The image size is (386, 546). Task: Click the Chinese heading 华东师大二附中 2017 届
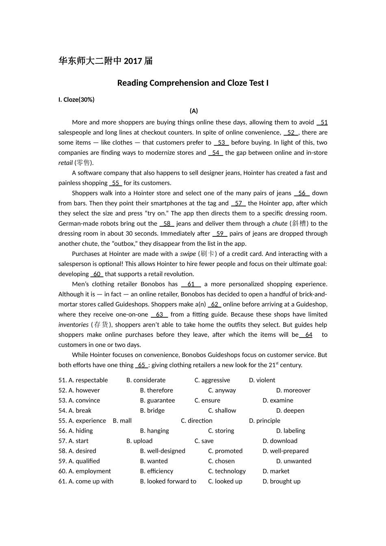click(106, 61)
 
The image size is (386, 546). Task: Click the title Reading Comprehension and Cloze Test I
click(193, 83)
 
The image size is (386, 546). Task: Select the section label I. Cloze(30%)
click(76, 100)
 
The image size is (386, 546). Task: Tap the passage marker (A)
click(193, 111)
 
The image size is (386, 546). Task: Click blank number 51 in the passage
click(323, 122)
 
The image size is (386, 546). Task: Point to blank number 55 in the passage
click(115, 183)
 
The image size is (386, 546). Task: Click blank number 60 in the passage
click(97, 274)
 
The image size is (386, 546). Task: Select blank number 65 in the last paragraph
click(141, 365)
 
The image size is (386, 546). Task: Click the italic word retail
click(65, 163)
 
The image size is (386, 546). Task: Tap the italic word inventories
click(73, 325)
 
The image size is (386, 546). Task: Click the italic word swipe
click(188, 254)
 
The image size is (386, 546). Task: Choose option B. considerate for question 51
click(146, 380)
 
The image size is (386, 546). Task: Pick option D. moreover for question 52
click(293, 390)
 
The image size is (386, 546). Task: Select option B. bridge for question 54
click(152, 411)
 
